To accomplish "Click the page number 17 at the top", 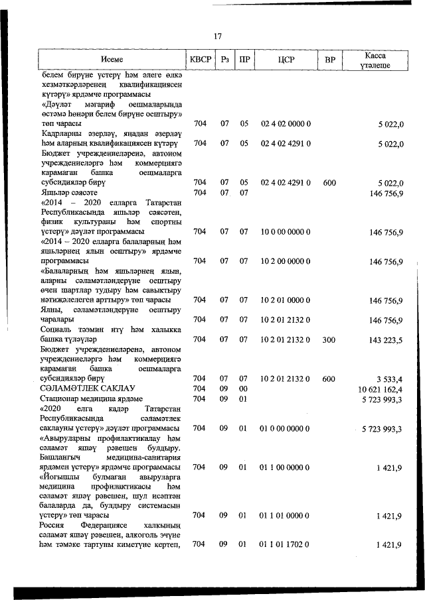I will click(218, 36).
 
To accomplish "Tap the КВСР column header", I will click(200, 60).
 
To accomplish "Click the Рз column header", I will click(224, 60).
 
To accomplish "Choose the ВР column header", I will click(329, 60).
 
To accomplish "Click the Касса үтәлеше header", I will click(375, 60).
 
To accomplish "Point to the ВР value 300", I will click(329, 339).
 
